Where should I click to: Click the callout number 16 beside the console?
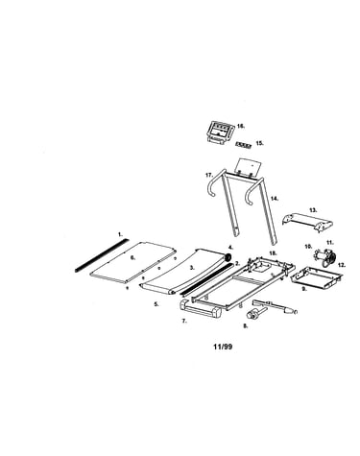click(x=241, y=126)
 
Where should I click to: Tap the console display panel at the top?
click(x=219, y=132)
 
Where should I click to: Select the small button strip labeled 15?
click(x=244, y=145)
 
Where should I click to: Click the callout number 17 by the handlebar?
click(x=209, y=175)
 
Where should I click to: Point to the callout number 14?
click(x=275, y=199)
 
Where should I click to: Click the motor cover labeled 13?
click(x=307, y=223)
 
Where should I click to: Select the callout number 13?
click(x=313, y=210)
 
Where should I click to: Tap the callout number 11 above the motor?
click(x=330, y=242)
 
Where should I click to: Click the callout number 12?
click(x=342, y=265)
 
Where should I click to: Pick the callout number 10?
click(x=308, y=247)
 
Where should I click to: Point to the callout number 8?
click(x=246, y=326)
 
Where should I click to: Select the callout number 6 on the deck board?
click(x=133, y=257)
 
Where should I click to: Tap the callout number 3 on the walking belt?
click(x=192, y=268)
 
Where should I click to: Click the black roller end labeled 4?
click(x=228, y=257)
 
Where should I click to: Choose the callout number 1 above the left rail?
click(x=120, y=234)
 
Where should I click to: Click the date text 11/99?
click(x=223, y=347)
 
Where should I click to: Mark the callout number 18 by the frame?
click(x=273, y=252)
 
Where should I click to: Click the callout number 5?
click(x=156, y=304)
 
